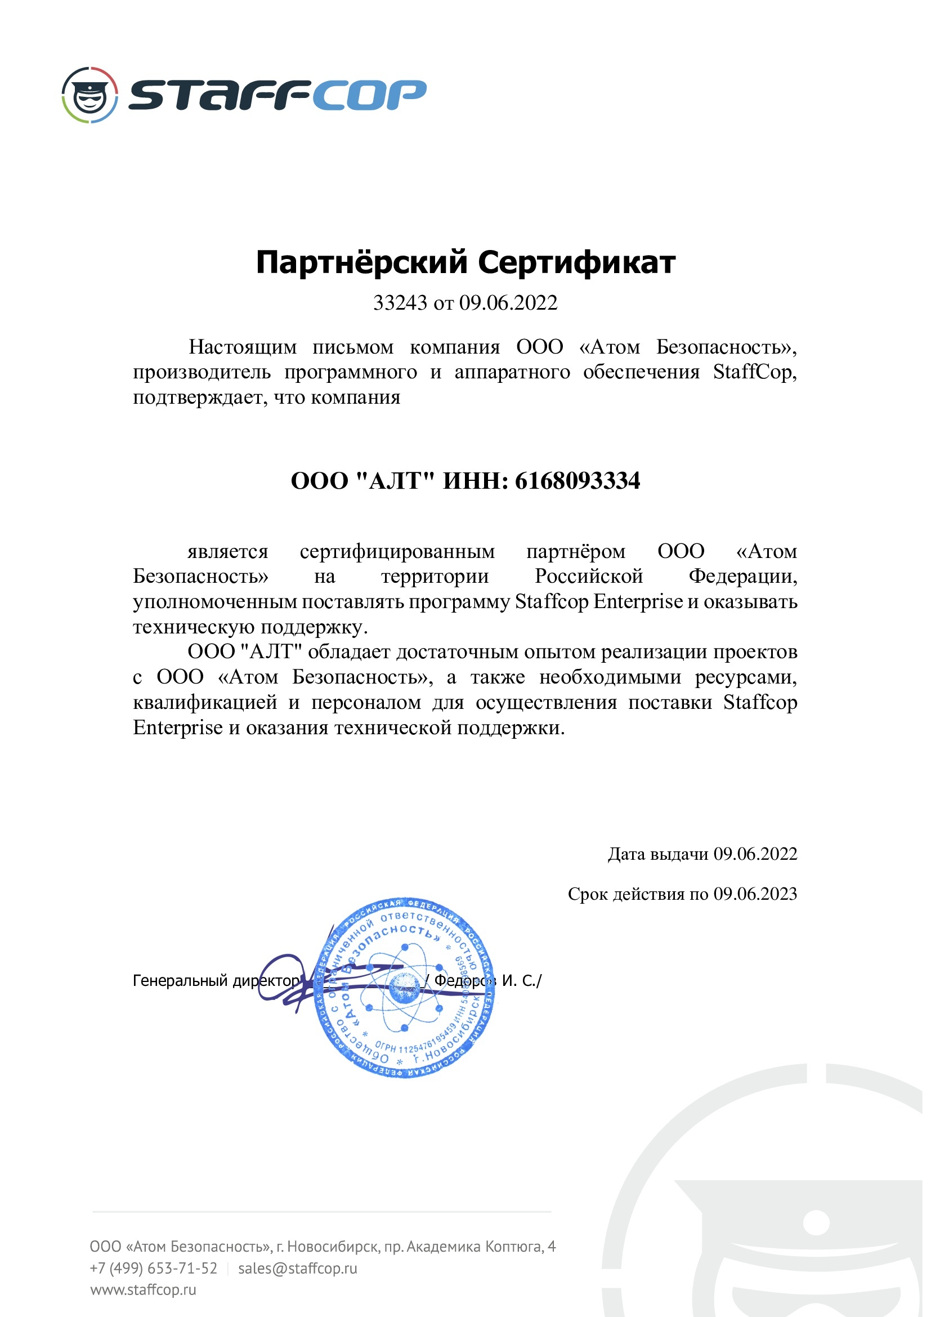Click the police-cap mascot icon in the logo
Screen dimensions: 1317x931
tap(90, 95)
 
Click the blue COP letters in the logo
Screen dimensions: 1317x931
tap(369, 95)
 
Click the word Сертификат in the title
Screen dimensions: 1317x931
tap(576, 263)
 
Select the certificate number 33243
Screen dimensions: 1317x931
tap(400, 302)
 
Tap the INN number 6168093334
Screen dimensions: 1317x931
tap(578, 480)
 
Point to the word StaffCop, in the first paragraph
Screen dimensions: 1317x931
tap(754, 372)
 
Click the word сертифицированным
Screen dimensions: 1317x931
tap(397, 551)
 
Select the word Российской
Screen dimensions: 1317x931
tap(589, 576)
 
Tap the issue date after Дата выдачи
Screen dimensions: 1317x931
tap(755, 854)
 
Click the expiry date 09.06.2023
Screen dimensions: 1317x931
tap(755, 894)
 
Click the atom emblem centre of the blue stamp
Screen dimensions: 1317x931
tap(405, 987)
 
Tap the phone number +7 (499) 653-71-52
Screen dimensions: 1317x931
tap(154, 1267)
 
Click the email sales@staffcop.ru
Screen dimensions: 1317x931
tap(298, 1267)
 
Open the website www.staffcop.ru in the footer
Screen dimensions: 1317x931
tap(144, 1289)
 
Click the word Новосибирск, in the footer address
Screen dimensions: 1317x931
tap(343, 1246)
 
